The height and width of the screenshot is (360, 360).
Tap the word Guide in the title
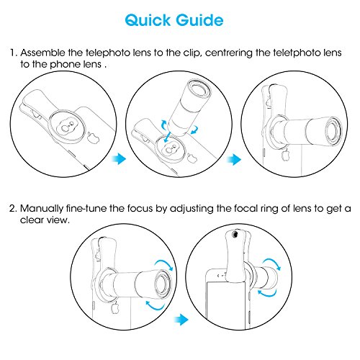(x=199, y=20)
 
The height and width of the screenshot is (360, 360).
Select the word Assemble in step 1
(x=42, y=53)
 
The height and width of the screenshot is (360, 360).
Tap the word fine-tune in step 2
(x=86, y=208)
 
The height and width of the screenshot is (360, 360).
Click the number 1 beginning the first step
(x=13, y=53)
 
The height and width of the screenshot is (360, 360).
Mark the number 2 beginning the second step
(x=13, y=208)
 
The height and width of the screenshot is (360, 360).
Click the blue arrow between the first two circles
(x=119, y=159)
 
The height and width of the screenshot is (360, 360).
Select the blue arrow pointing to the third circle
(x=234, y=160)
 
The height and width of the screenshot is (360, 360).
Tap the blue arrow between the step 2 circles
(x=181, y=320)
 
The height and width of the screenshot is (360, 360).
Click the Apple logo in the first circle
(x=93, y=137)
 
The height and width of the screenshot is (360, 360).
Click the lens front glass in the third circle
(x=333, y=130)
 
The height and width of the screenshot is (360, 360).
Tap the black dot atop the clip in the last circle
(x=235, y=233)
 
